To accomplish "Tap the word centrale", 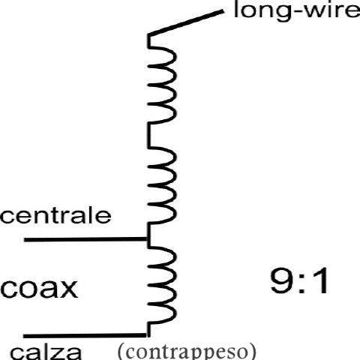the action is pos(55,215).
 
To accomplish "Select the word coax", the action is pos(39,289).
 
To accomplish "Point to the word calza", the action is pos(46,353).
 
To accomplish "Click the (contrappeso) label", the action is pos(187,351).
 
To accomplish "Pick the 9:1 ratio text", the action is pos(299,280).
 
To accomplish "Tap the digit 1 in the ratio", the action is pos(320,280).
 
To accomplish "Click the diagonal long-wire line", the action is pos(186,22).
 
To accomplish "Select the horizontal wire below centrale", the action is pos(85,239).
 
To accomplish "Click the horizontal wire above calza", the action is pos(85,335).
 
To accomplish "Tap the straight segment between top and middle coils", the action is pos(149,135).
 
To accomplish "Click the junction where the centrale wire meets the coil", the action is pos(148,239).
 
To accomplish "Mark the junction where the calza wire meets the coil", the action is pos(148,335).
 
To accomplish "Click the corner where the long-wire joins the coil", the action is pos(149,35).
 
